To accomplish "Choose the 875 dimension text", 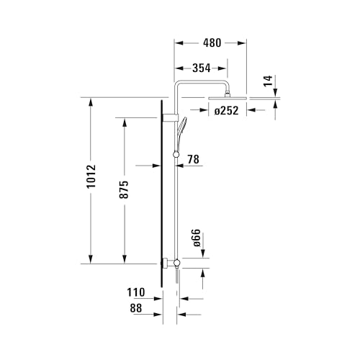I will [x=124, y=189].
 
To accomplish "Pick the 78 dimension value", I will [x=194, y=158].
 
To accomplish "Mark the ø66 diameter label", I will [x=195, y=239].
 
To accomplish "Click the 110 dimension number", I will [x=136, y=292].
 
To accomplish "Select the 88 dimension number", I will [x=136, y=307].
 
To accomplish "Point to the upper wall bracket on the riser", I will [x=169, y=117].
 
